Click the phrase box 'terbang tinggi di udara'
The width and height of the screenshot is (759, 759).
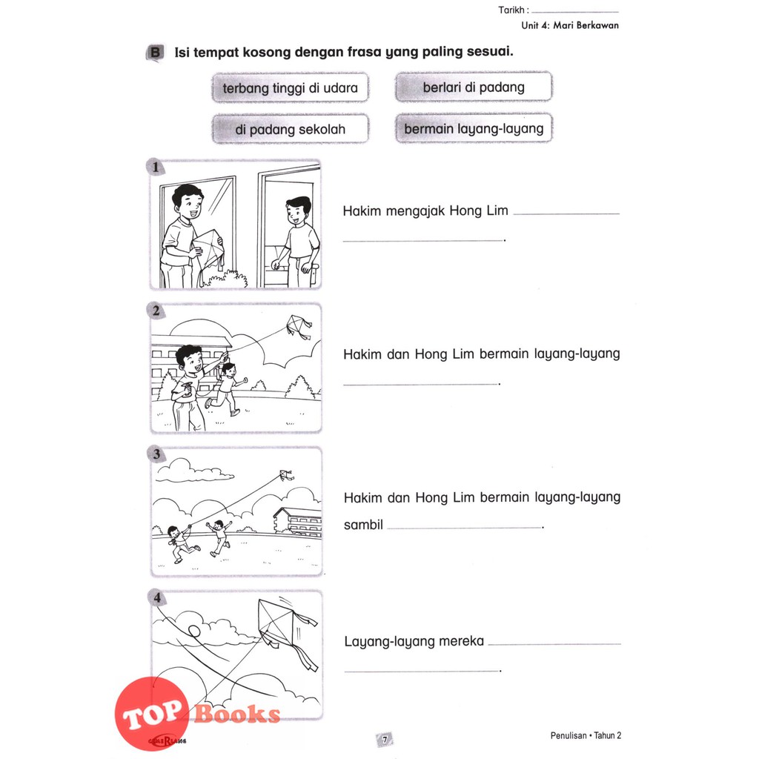(290, 87)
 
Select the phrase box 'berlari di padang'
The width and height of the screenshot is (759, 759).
(474, 87)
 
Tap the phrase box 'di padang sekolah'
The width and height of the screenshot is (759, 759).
(290, 129)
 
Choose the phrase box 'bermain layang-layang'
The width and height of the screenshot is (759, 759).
(474, 129)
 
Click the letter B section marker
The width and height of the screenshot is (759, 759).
(155, 53)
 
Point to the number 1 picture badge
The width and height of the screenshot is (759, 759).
(156, 168)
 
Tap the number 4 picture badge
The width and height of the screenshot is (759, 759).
(157, 598)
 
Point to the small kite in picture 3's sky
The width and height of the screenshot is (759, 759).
(286, 475)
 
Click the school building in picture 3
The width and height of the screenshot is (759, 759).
(297, 523)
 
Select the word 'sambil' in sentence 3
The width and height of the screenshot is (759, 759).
(363, 525)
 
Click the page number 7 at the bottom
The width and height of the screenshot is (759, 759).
(385, 740)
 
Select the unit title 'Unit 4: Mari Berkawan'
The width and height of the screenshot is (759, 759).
(570, 26)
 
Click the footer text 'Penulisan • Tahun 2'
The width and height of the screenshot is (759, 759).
(586, 736)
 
